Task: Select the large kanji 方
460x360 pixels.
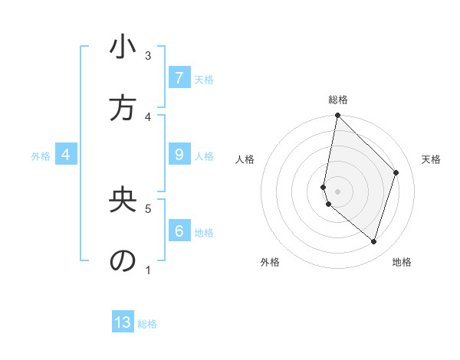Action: click(x=123, y=109)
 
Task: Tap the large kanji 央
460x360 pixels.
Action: click(x=123, y=200)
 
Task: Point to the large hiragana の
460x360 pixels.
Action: click(x=123, y=260)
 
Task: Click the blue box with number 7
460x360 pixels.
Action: click(x=179, y=77)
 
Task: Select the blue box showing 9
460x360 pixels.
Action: click(x=179, y=155)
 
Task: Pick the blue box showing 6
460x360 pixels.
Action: click(x=179, y=231)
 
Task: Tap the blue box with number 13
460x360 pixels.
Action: click(x=123, y=322)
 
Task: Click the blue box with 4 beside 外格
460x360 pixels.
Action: click(x=66, y=155)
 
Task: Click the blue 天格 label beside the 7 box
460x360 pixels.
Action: click(x=204, y=79)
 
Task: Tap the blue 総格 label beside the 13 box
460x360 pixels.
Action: click(x=147, y=324)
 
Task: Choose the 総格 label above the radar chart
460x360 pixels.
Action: click(x=338, y=100)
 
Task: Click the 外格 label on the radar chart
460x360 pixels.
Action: click(x=270, y=262)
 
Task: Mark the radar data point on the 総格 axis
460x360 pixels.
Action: click(x=337, y=116)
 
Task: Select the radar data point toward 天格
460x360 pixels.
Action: click(x=396, y=172)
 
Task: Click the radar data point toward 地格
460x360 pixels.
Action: click(x=373, y=241)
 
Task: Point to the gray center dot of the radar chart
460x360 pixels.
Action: click(x=337, y=191)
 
